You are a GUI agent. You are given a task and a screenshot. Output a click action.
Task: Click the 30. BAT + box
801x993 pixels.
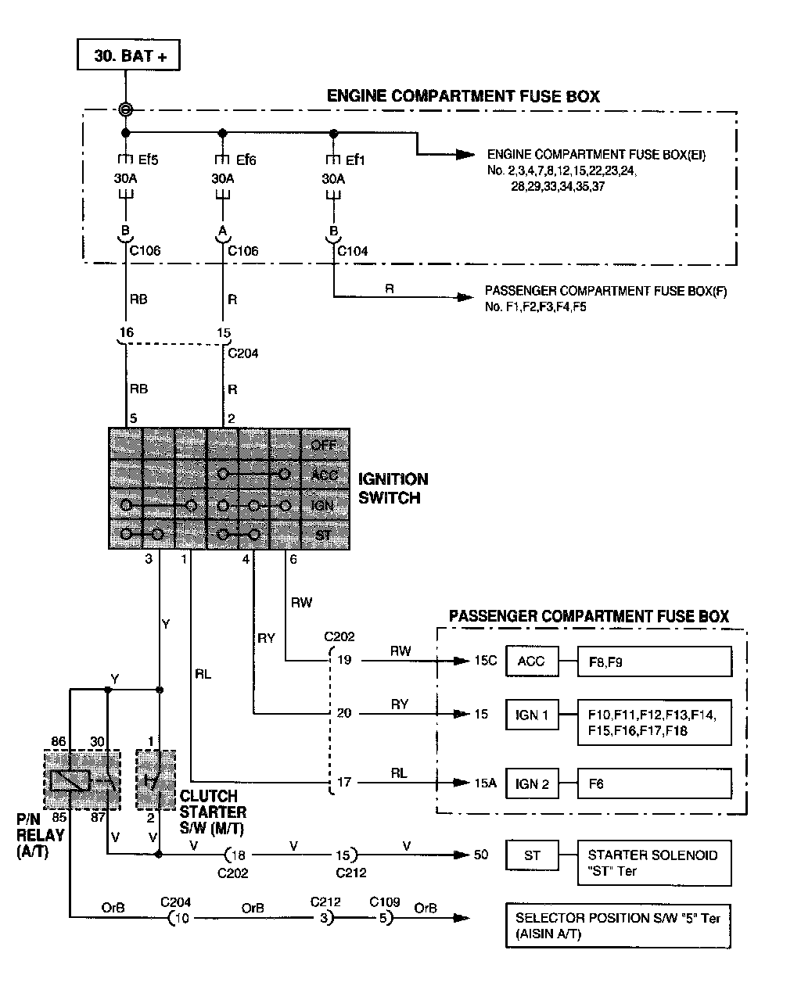coord(127,56)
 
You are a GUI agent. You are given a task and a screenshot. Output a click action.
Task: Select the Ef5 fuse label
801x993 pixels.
coord(148,160)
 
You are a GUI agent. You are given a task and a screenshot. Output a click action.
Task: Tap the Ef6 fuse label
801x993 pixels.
coord(246,160)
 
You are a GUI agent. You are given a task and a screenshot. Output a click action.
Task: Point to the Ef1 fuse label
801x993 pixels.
coord(355,160)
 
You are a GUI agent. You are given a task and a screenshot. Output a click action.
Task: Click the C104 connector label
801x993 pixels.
coord(352,251)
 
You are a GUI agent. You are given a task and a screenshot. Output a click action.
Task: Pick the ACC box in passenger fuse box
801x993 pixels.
coord(532,661)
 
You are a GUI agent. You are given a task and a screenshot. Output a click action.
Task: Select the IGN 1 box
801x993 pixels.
coord(532,715)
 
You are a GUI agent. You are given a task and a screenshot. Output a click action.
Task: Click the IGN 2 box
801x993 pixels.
coord(532,783)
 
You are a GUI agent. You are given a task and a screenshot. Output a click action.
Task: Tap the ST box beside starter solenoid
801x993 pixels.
coord(532,855)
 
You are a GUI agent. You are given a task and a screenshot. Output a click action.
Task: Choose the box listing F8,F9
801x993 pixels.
coord(654,661)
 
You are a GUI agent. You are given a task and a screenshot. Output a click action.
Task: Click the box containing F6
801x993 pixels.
coord(654,783)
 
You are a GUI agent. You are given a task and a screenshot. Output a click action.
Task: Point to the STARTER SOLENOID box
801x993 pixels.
coord(654,863)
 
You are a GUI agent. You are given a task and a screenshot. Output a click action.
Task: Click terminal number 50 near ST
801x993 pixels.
coord(481,855)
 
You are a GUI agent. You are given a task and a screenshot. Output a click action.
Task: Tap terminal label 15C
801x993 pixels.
coord(485,661)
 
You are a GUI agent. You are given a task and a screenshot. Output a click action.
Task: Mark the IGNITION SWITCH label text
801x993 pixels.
coord(393,488)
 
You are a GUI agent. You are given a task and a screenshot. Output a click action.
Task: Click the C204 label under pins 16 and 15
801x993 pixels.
coord(242,353)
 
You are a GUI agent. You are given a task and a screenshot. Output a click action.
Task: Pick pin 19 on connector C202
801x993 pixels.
coord(344,660)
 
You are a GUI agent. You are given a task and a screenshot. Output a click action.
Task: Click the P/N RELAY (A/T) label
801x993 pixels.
coord(40,835)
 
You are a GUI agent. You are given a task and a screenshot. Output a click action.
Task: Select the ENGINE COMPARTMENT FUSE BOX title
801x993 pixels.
coord(463,96)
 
